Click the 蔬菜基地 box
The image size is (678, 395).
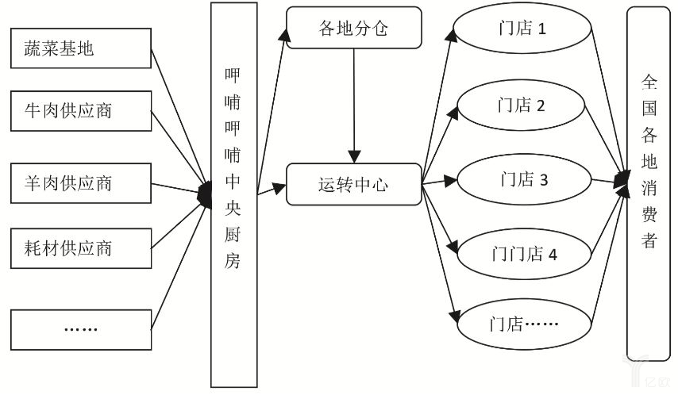coord(81,48)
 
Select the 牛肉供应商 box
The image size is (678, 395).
coord(81,110)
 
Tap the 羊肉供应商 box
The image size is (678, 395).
coord(81,183)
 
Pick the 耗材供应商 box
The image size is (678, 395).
coord(81,248)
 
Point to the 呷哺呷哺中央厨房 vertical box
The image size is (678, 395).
coord(233,194)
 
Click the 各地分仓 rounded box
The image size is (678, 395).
coord(352,29)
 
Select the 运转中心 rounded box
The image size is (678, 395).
coord(352,185)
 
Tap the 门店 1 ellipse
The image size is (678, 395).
coord(522,30)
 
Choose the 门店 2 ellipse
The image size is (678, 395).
coord(522,105)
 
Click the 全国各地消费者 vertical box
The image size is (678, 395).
coord(649,182)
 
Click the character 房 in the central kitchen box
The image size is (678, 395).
coord(233,263)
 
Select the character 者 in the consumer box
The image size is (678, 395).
coord(649,240)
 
